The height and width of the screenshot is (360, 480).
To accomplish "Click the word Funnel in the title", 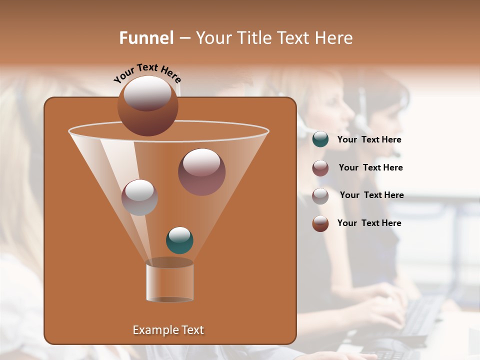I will point(146,38).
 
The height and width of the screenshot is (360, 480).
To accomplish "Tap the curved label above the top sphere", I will point(147,73).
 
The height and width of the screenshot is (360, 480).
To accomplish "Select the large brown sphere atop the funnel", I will point(148,105).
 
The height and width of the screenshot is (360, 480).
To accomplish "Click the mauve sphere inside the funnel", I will point(201,171).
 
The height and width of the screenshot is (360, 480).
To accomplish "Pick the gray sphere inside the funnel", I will point(139,197).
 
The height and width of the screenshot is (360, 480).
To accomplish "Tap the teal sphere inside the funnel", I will point(179,240).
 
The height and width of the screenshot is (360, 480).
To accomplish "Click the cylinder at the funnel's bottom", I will point(169,281).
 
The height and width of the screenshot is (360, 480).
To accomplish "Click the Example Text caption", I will point(168,330).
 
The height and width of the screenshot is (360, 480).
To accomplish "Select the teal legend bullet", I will point(320,139).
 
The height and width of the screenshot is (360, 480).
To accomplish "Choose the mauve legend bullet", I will point(320,168).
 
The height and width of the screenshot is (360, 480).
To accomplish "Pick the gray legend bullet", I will point(320,196).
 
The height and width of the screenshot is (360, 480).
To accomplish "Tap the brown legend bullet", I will point(320,223).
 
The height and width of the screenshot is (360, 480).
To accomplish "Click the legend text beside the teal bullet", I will point(369,140).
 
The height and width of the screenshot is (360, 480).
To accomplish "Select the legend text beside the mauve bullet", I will point(371,168).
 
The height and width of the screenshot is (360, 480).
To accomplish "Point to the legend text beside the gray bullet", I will point(372,195).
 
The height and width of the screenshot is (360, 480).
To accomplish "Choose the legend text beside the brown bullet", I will point(369,223).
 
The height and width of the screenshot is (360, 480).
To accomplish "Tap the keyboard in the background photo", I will point(420,315).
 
